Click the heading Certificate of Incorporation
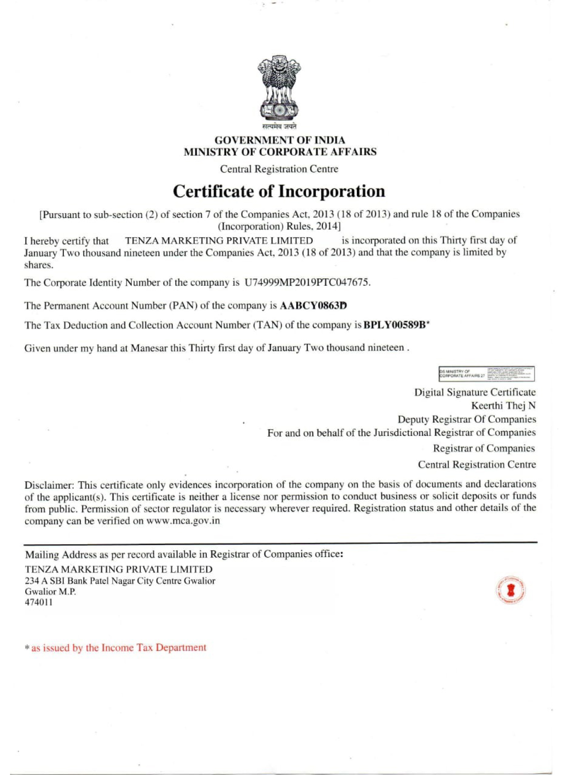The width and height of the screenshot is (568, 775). pos(279,191)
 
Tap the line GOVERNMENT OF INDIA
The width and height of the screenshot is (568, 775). pos(280,140)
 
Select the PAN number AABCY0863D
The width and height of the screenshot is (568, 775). pos(313,306)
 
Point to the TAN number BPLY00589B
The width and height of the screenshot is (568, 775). pos(395,325)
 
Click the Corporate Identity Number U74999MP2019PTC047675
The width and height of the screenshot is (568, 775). pos(307,282)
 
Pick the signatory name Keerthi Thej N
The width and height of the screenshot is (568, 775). pos(503,405)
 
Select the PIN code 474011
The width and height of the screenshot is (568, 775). pos(39,603)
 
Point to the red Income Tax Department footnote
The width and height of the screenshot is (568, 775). pos(119,648)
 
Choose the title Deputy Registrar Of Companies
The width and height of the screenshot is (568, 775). pos(467,419)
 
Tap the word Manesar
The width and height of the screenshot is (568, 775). pos(149,348)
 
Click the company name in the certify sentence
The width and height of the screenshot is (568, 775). pos(219,240)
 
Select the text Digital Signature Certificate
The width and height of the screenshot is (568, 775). pos(475,392)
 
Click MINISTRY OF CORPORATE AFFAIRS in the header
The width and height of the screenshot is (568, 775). pos(280,152)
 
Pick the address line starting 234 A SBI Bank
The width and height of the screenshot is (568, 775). pos(120,581)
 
